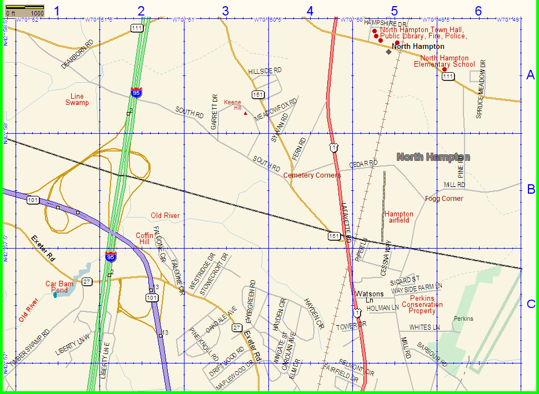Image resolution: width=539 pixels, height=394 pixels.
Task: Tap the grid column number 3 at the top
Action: [x=225, y=11]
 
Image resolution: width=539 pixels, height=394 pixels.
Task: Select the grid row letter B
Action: [x=531, y=189]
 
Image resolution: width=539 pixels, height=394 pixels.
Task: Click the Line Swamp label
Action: [x=77, y=99]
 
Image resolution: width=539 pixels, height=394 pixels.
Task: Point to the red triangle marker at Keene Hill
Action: [x=245, y=113]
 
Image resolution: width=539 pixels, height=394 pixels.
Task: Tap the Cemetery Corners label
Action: [x=312, y=175]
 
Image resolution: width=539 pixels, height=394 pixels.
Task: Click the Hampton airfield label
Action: [x=398, y=217]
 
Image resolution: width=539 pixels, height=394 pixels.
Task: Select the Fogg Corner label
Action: [x=444, y=199]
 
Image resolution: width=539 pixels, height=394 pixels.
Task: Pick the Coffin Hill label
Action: [x=144, y=239]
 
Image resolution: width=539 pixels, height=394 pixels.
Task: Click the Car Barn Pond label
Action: [x=59, y=287]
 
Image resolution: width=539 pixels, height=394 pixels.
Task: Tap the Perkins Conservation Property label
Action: [x=422, y=305]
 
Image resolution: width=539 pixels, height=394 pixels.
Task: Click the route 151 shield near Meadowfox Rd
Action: [x=257, y=95]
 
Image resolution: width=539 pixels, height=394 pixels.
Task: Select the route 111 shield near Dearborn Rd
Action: [x=137, y=27]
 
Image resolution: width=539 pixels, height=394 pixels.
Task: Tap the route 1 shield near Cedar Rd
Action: [x=332, y=147]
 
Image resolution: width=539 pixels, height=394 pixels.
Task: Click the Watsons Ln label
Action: [x=369, y=296]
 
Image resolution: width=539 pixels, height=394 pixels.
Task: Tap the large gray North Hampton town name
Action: [x=433, y=157]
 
